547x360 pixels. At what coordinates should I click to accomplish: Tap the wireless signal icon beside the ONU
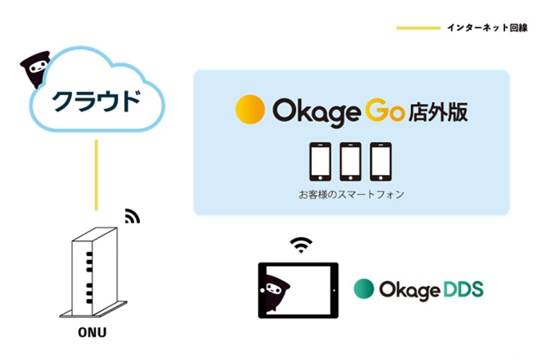[x=132, y=216]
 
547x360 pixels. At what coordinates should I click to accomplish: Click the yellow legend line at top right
[x=418, y=28]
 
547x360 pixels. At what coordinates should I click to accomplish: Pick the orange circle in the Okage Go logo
[x=250, y=109]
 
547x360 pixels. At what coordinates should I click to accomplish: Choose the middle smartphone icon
[x=351, y=161]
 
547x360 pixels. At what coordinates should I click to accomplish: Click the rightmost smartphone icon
[x=380, y=161]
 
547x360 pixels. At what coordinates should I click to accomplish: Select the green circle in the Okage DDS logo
[x=363, y=289]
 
